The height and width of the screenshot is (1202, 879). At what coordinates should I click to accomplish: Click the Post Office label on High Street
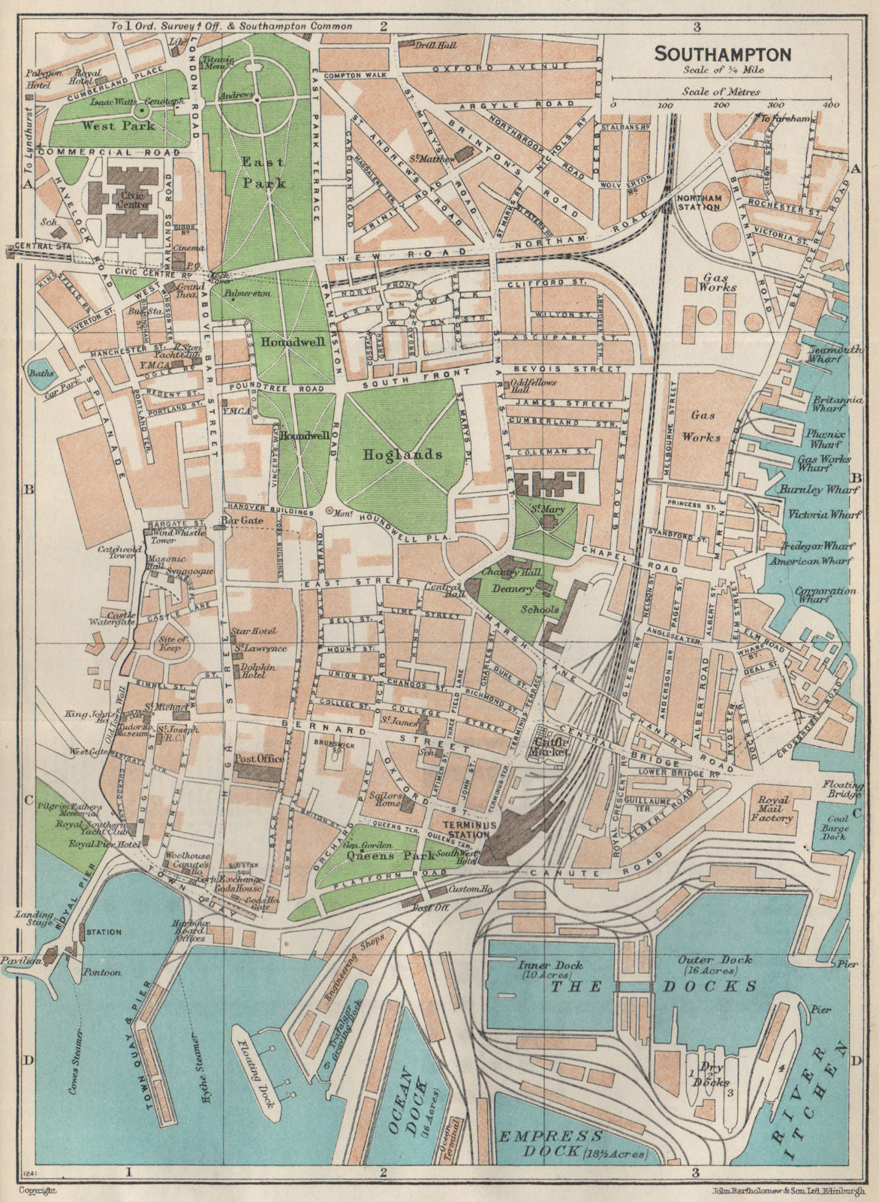click(260, 759)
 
